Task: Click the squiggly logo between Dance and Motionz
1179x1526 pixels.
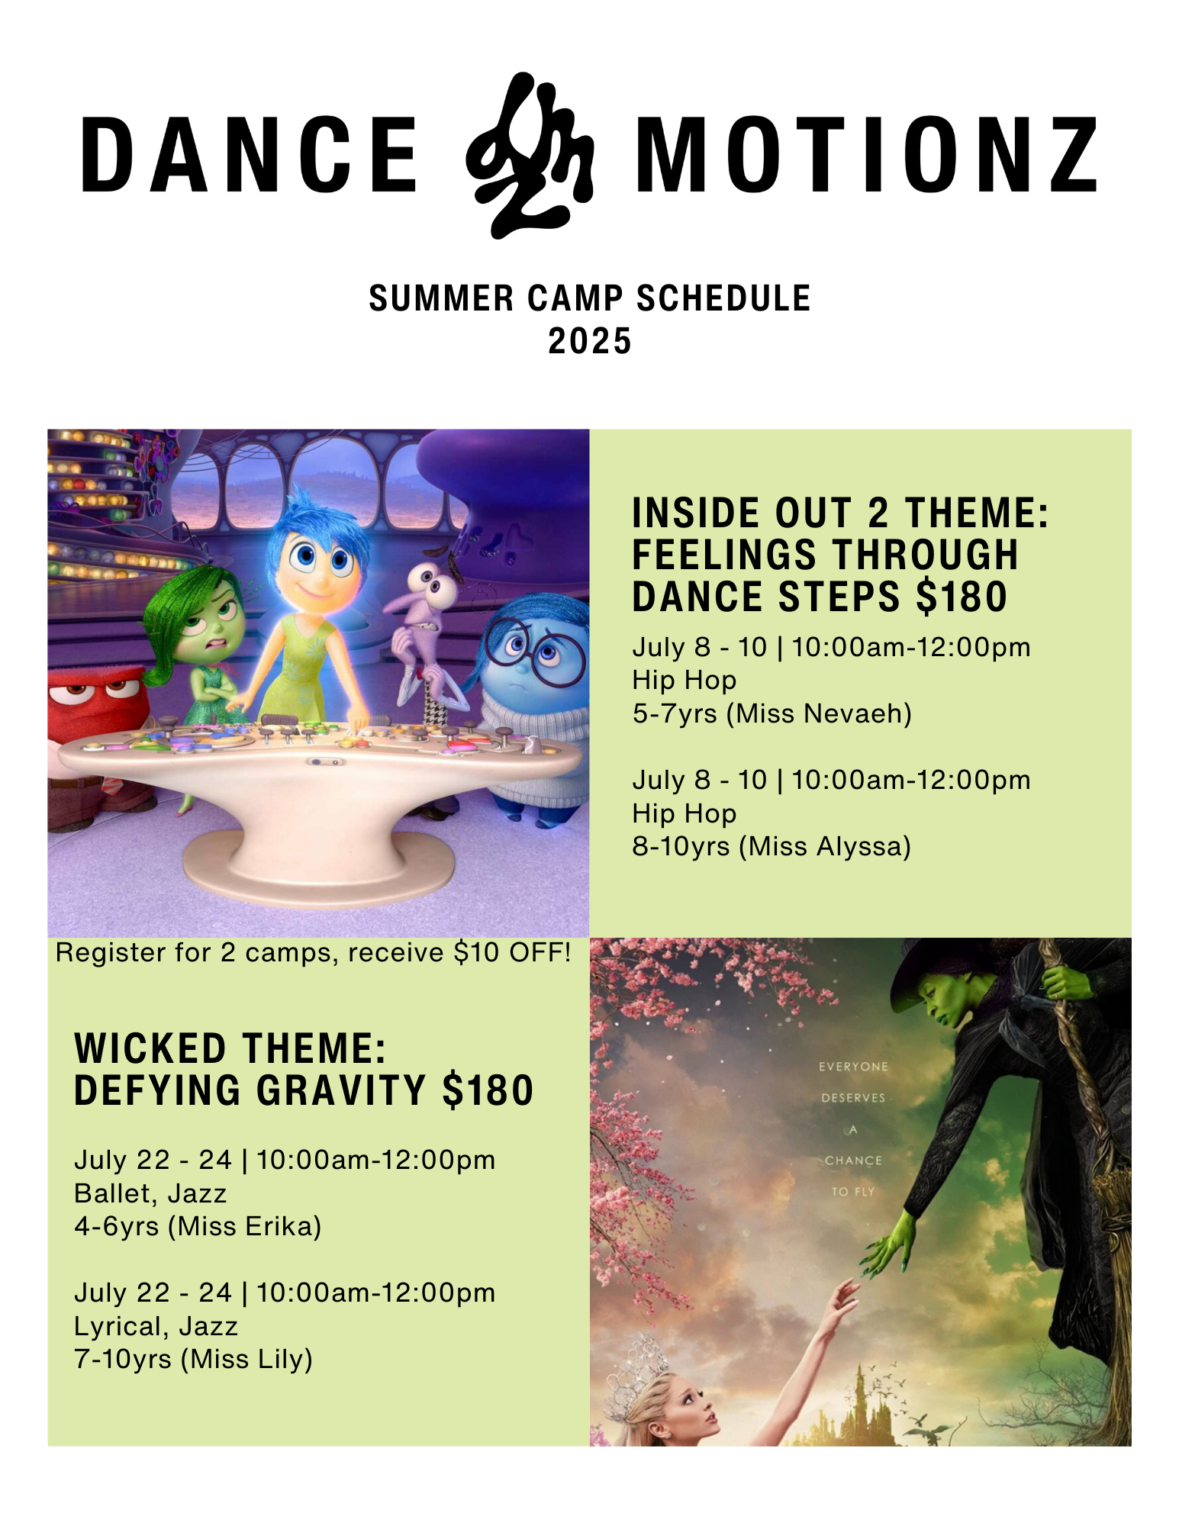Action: [x=530, y=156]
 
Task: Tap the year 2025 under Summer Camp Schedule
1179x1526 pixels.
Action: [x=590, y=340]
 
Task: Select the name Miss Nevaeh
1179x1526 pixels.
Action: [x=819, y=713]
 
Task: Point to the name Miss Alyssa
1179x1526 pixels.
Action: [x=825, y=846]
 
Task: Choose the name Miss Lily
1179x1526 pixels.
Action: [x=246, y=1359]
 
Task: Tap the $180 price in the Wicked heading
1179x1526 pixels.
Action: [x=488, y=1090]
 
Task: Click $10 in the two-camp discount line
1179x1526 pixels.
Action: [x=476, y=953]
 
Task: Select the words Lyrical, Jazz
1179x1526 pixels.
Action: [x=156, y=1326]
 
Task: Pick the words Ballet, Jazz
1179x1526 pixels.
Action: [x=150, y=1193]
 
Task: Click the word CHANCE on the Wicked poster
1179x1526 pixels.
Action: [x=853, y=1161]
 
